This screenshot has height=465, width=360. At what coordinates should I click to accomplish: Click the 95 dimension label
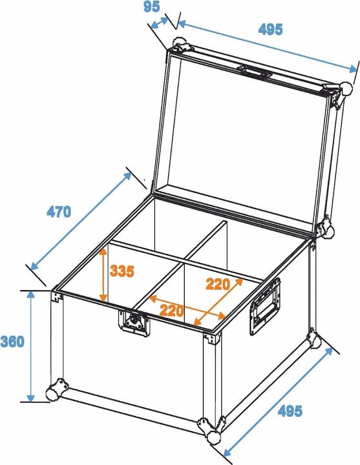(151, 7)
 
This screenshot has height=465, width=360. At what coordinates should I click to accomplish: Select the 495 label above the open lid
(270, 29)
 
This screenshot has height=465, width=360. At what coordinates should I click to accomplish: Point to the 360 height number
(12, 340)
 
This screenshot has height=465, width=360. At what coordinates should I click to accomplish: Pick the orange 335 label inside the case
(122, 271)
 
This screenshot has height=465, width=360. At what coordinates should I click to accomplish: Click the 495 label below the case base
(290, 411)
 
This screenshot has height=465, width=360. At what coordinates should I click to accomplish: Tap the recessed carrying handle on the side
(266, 307)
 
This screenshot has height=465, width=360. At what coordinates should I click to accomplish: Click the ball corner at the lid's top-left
(179, 46)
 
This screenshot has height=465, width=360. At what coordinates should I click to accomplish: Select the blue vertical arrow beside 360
(30, 346)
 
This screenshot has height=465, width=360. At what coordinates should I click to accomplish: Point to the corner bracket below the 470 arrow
(58, 296)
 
